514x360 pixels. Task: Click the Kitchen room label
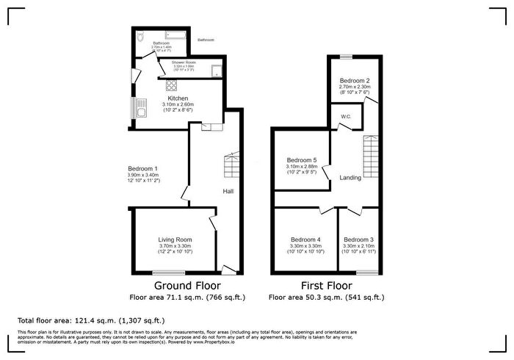(178, 98)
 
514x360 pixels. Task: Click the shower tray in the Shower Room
(217, 71)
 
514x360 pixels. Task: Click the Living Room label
(175, 240)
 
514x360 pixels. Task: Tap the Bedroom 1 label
(142, 168)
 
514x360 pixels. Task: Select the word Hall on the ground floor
(228, 192)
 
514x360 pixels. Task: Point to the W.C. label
(344, 117)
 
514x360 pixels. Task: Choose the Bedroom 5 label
(302, 160)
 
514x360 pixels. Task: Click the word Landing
(350, 177)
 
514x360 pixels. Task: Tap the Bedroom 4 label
(305, 240)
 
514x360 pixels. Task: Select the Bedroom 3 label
(358, 240)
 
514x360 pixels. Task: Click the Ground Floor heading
(187, 286)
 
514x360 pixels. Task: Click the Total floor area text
(91, 321)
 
